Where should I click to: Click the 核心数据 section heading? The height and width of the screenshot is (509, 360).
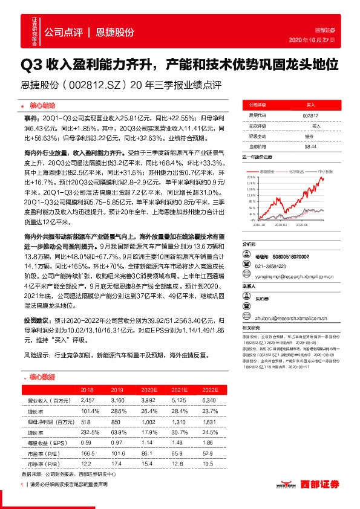point(43,377)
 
